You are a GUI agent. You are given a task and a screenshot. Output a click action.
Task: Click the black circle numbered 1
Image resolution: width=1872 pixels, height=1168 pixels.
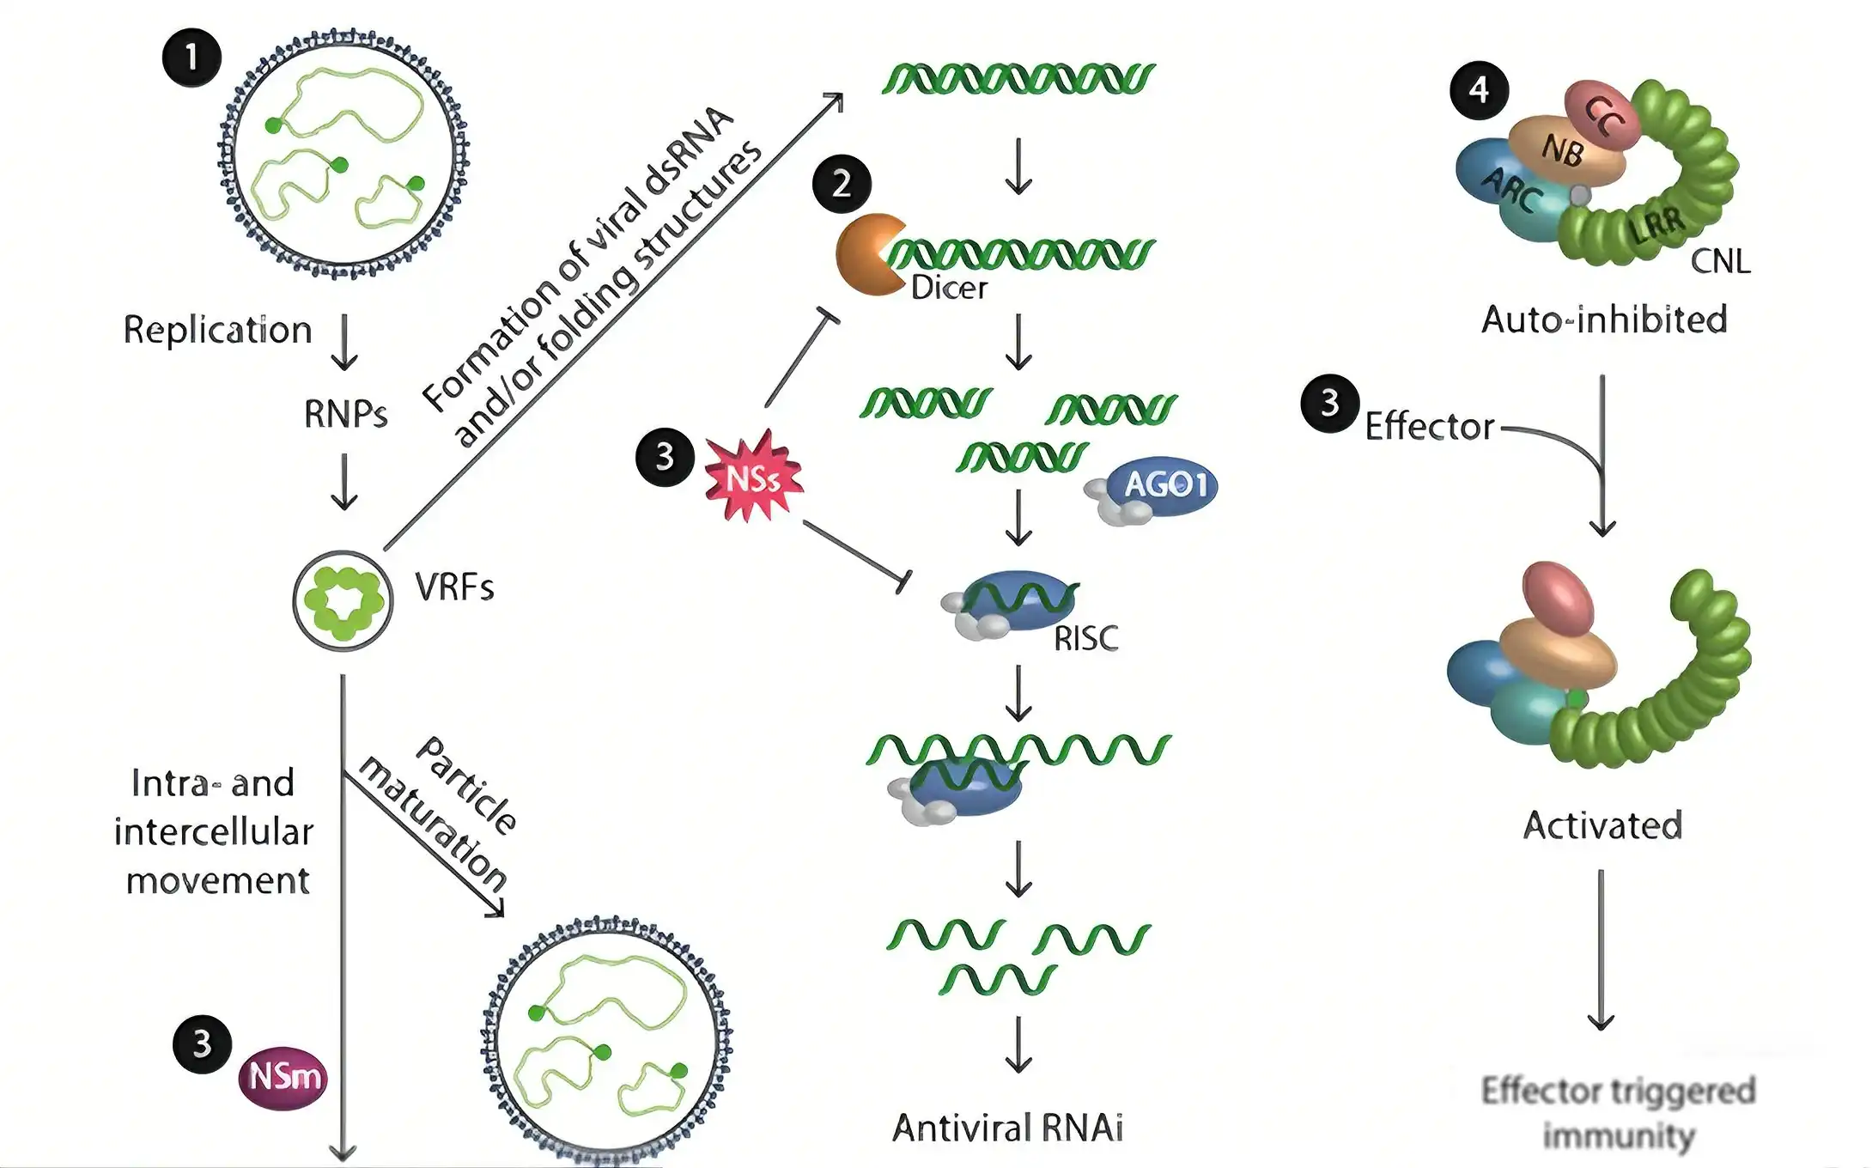click(x=192, y=58)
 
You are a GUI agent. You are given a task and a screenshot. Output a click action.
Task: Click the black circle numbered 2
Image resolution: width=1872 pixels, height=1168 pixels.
click(x=842, y=183)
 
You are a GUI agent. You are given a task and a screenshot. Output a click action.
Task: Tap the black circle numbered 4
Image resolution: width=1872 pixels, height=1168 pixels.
click(x=1479, y=89)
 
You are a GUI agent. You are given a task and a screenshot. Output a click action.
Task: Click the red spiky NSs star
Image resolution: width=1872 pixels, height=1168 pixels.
click(x=753, y=478)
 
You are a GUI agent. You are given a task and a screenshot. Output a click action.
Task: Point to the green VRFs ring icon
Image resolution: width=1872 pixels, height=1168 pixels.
click(x=343, y=600)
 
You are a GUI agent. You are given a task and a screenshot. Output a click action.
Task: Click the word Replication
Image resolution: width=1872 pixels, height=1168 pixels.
click(x=217, y=330)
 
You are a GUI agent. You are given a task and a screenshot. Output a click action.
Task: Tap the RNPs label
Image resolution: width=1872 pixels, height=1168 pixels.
click(x=345, y=414)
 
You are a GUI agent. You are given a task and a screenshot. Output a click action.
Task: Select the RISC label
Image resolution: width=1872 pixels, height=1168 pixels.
click(x=1086, y=638)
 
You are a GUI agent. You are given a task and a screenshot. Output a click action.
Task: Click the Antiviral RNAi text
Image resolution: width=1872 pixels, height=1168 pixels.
click(x=1007, y=1128)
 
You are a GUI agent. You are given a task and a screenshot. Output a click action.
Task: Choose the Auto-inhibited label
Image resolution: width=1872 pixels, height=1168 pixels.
click(x=1603, y=319)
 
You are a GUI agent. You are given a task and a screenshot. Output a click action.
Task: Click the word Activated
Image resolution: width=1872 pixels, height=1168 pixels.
click(x=1602, y=825)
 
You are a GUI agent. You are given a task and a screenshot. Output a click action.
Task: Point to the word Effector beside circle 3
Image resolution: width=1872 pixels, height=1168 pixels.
click(x=1429, y=427)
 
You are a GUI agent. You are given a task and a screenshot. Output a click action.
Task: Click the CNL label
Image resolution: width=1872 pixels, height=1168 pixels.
click(x=1720, y=260)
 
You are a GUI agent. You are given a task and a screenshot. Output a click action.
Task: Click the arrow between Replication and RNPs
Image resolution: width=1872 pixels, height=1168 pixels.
click(x=344, y=341)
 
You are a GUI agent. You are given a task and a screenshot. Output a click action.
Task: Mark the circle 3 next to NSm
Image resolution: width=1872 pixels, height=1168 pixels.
click(x=202, y=1044)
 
